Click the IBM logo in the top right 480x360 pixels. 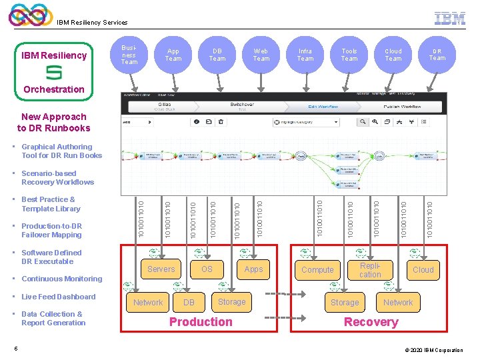click(x=450, y=19)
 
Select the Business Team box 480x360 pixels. click(x=129, y=55)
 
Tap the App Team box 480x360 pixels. click(x=173, y=55)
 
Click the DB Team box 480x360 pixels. click(x=217, y=55)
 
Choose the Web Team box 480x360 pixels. click(x=261, y=55)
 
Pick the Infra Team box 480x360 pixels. click(x=305, y=55)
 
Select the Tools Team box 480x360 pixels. click(x=349, y=55)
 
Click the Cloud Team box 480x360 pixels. click(x=393, y=55)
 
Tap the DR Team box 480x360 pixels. click(x=437, y=55)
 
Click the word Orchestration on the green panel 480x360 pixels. click(x=54, y=89)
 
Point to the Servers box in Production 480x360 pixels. click(x=161, y=269)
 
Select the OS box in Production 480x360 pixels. click(x=207, y=269)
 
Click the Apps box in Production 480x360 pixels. click(x=253, y=269)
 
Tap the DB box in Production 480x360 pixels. click(x=189, y=303)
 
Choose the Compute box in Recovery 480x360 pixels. click(x=317, y=270)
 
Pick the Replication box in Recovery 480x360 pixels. click(x=370, y=270)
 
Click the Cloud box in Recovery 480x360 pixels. click(x=423, y=270)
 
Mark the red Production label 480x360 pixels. click(x=201, y=322)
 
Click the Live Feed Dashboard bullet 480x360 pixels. click(x=59, y=297)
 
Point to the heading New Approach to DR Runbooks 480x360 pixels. click(x=53, y=123)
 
